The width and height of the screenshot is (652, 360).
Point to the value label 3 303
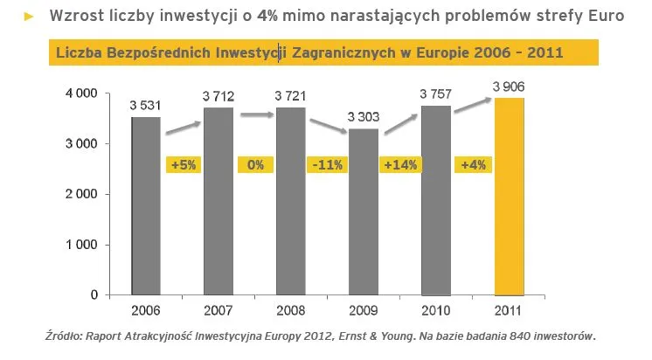(364, 116)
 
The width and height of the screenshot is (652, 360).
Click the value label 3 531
(146, 105)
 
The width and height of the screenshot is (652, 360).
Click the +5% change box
(183, 164)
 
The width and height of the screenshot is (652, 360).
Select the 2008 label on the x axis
(291, 311)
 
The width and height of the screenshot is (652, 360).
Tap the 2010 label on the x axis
(436, 311)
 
